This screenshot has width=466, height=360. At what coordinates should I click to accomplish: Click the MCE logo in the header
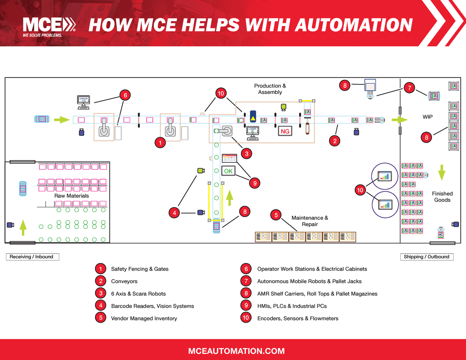tap(49, 26)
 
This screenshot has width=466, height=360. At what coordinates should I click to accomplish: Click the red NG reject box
tap(285, 131)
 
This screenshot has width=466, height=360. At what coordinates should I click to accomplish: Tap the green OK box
tap(228, 171)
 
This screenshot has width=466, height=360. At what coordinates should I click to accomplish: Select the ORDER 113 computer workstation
tap(84, 102)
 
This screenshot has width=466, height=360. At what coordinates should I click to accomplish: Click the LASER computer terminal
tap(253, 133)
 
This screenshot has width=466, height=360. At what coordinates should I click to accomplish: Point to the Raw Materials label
tap(71, 196)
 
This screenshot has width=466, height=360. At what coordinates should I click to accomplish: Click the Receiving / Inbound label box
tap(32, 257)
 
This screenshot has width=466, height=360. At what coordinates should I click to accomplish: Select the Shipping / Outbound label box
tap(427, 257)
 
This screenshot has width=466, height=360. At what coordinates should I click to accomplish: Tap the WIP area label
tap(427, 117)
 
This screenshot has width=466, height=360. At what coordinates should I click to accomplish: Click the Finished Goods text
tap(442, 197)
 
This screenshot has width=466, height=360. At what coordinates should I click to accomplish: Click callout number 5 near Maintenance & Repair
tap(276, 215)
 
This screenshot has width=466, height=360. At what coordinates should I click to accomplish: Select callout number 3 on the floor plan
tap(247, 154)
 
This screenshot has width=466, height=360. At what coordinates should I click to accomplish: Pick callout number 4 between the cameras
tap(174, 213)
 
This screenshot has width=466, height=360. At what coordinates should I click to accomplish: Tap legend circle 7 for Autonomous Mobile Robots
tap(246, 281)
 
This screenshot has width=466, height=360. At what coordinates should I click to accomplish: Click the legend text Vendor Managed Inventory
tap(144, 318)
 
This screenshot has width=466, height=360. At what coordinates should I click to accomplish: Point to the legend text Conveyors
tap(124, 281)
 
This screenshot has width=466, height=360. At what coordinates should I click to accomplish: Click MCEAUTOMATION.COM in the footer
tap(236, 351)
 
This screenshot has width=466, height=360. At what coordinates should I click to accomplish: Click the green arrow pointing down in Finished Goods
tap(442, 173)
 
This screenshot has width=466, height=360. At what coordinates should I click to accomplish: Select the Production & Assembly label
tap(270, 89)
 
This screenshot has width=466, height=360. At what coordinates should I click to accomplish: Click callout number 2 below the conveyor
tap(335, 141)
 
